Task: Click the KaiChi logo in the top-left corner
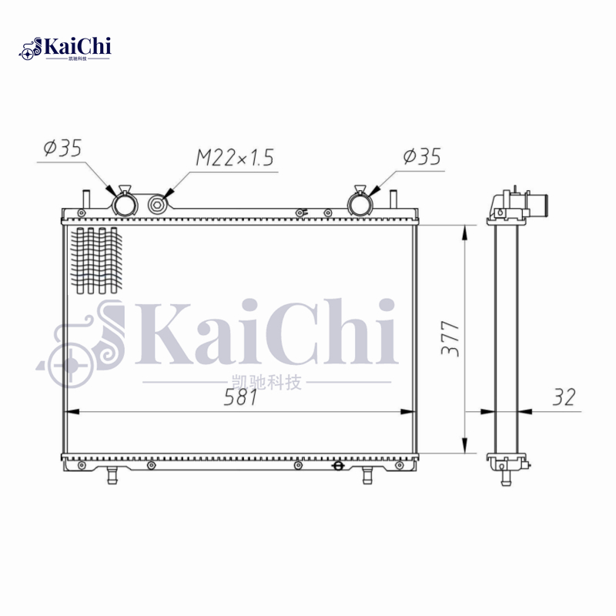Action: point(65,48)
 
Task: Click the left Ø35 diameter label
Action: point(63,148)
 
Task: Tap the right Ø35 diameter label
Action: point(422,157)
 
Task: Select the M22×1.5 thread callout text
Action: point(234,159)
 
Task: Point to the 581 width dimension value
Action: point(242,397)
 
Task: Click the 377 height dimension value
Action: point(451,337)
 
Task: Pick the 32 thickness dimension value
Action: point(564,397)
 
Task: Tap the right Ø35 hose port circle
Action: point(359,204)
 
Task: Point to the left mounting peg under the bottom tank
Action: point(112,474)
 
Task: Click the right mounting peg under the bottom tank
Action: point(368,474)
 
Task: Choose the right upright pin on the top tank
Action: point(393,199)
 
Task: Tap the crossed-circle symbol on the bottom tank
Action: point(336,465)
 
